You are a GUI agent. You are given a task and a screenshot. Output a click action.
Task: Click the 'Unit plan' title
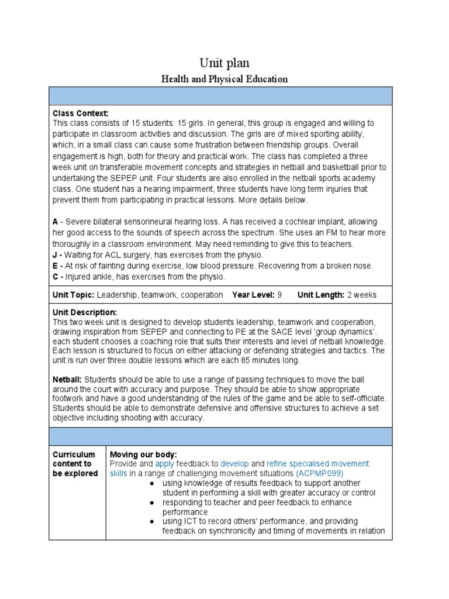[x=224, y=63]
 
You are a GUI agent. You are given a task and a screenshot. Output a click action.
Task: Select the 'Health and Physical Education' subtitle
[x=224, y=79]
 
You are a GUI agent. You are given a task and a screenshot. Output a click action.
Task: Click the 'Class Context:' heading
[x=81, y=113]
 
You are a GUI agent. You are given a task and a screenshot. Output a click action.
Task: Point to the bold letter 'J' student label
[x=55, y=254]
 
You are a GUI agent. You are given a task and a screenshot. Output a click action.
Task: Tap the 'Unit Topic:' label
[x=74, y=295]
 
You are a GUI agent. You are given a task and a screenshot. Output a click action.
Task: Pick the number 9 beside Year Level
[x=279, y=295]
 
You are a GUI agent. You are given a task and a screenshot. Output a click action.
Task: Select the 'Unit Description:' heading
[x=85, y=312]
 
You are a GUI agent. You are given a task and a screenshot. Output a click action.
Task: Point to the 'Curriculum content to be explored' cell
[x=75, y=464]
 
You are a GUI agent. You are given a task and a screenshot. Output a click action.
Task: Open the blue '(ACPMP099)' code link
[x=320, y=473]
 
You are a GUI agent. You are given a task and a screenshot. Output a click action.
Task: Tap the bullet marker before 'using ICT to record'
[x=151, y=521]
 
